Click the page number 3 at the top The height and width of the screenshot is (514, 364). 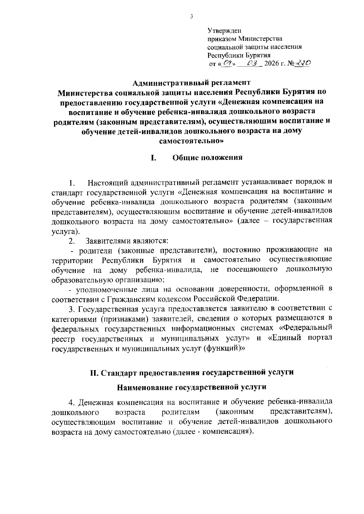pyautogui.click(x=191, y=17)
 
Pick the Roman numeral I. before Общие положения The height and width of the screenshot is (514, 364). pyautogui.click(x=153, y=158)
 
